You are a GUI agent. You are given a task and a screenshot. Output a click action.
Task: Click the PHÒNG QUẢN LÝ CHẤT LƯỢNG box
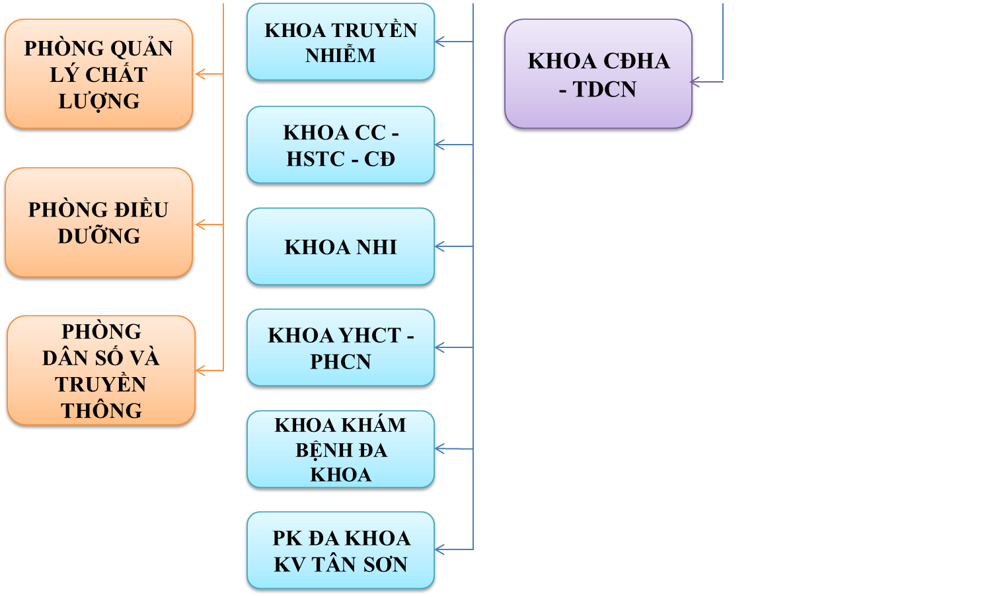tap(98, 74)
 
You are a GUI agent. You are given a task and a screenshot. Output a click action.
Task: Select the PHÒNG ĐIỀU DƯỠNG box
tap(98, 223)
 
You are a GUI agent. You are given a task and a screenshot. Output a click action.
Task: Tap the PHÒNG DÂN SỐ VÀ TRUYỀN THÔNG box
tap(101, 370)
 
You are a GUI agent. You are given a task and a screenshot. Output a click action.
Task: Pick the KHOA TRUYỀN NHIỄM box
tap(340, 42)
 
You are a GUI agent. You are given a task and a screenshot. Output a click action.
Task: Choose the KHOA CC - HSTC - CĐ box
tap(340, 145)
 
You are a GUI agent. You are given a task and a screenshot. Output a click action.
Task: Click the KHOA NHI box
tap(340, 247)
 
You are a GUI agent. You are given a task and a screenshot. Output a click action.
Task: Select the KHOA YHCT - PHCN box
tap(340, 348)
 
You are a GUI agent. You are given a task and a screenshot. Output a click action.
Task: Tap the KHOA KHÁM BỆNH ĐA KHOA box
tap(340, 450)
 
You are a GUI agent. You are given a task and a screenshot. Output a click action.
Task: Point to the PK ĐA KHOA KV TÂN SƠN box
tap(340, 551)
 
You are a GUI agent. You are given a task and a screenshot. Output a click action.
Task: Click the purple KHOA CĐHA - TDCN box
tap(598, 74)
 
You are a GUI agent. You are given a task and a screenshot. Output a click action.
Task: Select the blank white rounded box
tap(921, 61)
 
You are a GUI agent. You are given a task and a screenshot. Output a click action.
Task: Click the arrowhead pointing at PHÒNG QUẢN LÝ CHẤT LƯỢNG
tap(200, 75)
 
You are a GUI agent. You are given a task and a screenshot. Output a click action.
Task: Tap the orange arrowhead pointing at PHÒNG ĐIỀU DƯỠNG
tap(200, 225)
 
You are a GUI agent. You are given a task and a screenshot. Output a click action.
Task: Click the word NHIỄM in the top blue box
tap(340, 55)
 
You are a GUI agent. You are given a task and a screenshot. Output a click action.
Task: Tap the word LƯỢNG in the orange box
tap(99, 101)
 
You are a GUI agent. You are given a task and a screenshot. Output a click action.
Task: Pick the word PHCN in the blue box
tap(340, 362)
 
